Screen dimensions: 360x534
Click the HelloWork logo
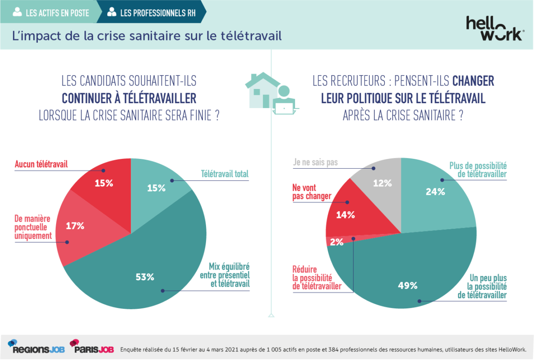[x=494, y=28]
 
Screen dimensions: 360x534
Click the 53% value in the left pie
[x=145, y=277]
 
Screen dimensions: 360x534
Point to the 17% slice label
[x=75, y=226]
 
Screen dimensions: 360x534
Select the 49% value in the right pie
[x=408, y=285]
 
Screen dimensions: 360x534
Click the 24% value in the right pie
[x=435, y=192]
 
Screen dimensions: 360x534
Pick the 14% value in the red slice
[x=345, y=215]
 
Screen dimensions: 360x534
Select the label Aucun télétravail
[x=41, y=164]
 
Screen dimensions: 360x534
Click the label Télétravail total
[x=224, y=174]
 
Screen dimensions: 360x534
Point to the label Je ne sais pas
[x=315, y=162]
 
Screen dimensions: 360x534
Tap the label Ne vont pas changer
[x=311, y=192]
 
